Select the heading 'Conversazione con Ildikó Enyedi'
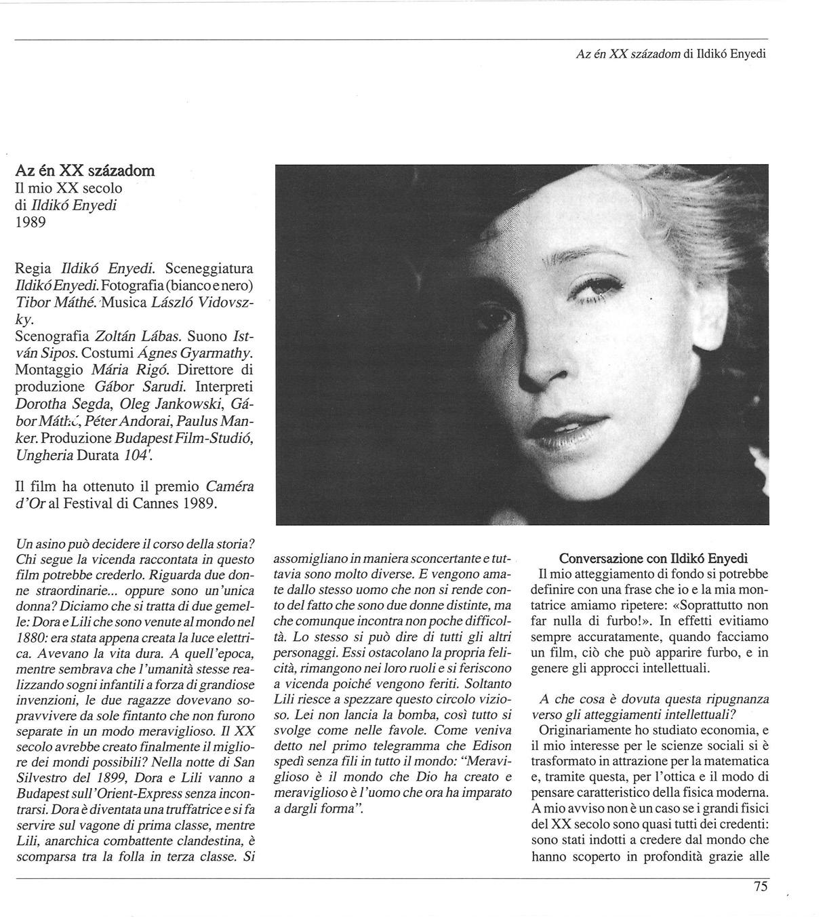click(653, 558)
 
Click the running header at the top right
click(670, 54)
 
